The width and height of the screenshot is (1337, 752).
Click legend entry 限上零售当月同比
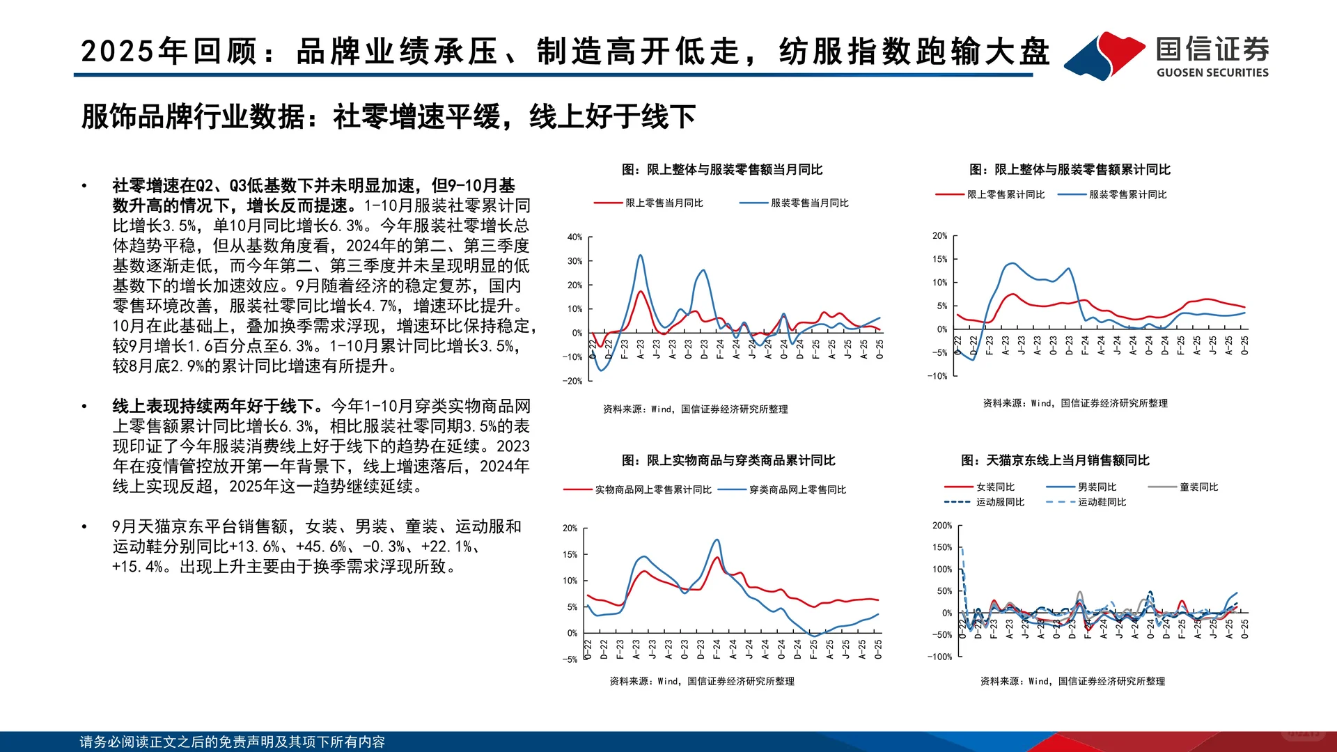point(663,203)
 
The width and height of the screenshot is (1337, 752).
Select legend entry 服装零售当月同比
point(808,203)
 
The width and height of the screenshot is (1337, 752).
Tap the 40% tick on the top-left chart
point(574,237)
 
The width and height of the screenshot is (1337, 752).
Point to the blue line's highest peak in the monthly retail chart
point(640,256)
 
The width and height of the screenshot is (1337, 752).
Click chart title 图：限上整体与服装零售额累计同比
point(1070,170)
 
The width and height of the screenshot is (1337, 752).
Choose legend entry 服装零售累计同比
point(1127,195)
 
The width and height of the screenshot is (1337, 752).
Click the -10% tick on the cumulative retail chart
point(937,376)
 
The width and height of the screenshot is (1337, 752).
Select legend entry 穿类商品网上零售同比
point(797,490)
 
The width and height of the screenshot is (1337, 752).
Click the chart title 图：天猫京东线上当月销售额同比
point(1055,460)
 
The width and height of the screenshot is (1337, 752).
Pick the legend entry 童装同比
point(1198,487)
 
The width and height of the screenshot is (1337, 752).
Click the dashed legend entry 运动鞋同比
point(1101,502)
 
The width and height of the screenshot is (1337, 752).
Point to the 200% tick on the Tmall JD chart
point(941,526)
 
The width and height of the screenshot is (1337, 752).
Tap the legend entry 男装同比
point(1096,487)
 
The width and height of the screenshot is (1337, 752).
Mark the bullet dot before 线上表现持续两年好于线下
point(84,407)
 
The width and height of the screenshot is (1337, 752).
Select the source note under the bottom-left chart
point(701,682)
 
